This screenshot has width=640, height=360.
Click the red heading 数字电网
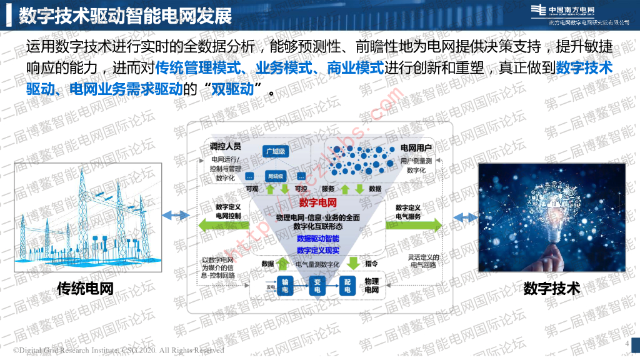click(x=318, y=202)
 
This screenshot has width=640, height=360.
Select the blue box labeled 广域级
click(x=276, y=152)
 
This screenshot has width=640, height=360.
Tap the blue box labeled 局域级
click(x=276, y=176)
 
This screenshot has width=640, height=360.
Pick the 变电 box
click(x=317, y=286)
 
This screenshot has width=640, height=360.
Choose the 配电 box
click(x=347, y=286)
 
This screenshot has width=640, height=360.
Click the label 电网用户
click(x=416, y=148)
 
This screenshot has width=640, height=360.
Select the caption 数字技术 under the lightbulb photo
click(x=552, y=289)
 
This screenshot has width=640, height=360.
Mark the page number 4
click(x=627, y=344)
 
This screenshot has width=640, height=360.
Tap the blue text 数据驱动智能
click(x=318, y=239)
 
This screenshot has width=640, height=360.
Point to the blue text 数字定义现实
click(x=318, y=250)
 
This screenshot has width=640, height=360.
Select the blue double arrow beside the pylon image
click(x=175, y=216)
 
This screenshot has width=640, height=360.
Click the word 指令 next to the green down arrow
click(x=371, y=264)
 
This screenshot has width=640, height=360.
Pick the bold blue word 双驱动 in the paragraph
click(x=232, y=89)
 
